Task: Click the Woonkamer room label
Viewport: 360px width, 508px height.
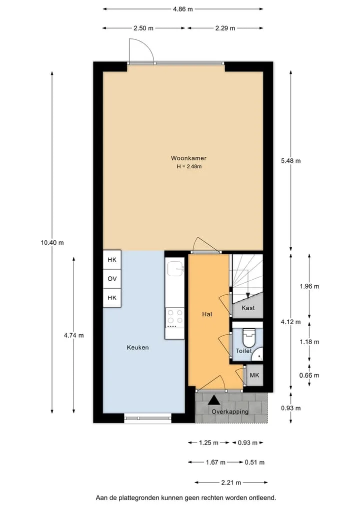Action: click(189, 158)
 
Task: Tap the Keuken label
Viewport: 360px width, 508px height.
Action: click(138, 347)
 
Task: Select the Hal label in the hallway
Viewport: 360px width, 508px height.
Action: click(207, 314)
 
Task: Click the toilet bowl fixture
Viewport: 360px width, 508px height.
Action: click(249, 338)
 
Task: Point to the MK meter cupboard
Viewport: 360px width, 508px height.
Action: click(254, 375)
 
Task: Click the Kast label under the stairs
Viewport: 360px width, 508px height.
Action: click(248, 308)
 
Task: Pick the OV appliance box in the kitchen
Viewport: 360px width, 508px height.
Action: click(112, 279)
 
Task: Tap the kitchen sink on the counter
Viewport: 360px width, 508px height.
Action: click(175, 269)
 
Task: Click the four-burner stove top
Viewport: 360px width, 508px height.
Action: click(175, 317)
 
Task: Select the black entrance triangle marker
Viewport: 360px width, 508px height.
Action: click(213, 400)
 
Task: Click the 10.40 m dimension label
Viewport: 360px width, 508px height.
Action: click(52, 242)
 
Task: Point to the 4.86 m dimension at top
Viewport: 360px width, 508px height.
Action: click(183, 9)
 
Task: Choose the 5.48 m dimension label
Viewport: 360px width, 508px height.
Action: click(291, 161)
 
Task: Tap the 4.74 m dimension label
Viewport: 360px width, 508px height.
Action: click(74, 335)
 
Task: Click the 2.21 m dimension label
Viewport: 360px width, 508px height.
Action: click(231, 483)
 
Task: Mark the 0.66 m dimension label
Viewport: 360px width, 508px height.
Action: click(309, 375)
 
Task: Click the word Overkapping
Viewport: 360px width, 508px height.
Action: click(230, 412)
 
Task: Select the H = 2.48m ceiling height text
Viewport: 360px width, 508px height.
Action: click(189, 166)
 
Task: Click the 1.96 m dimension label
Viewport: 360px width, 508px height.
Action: click(309, 286)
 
